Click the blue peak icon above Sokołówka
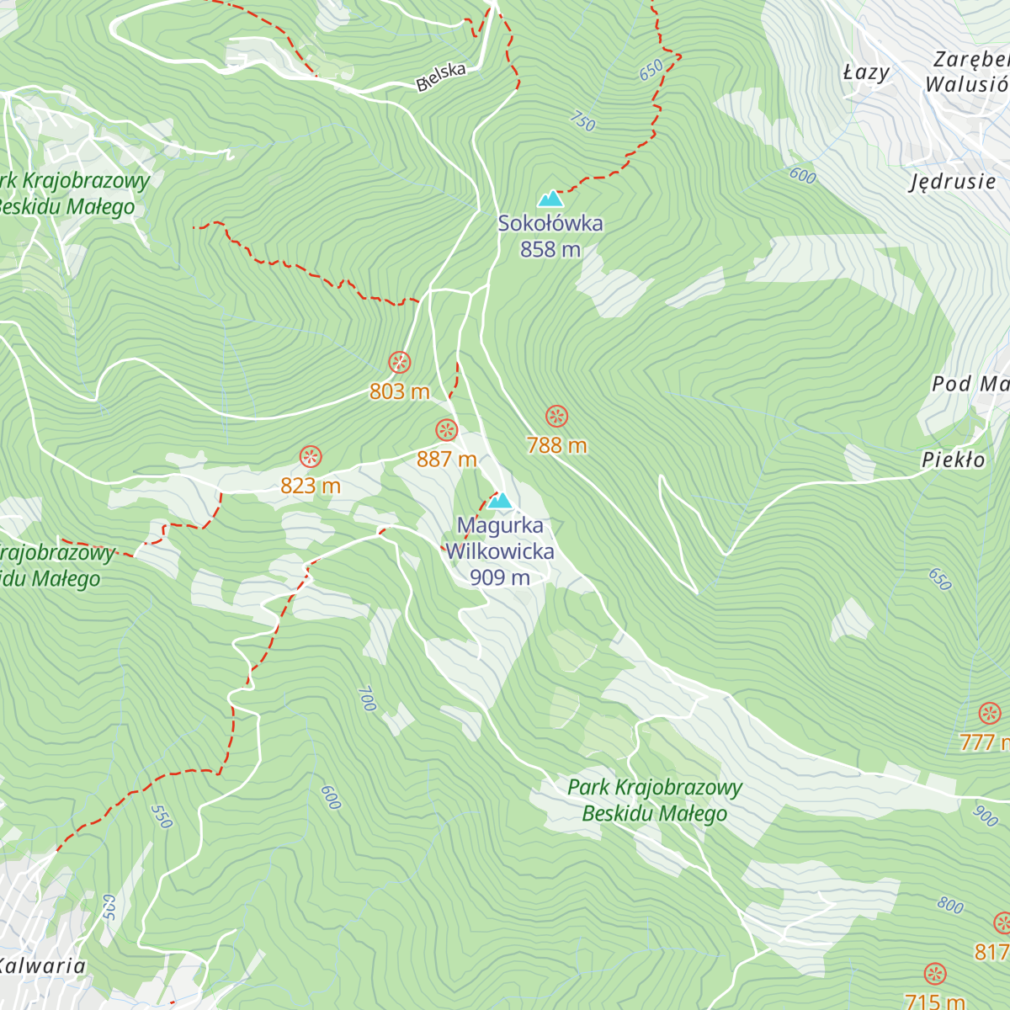pos(550,199)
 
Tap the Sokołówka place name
pos(550,224)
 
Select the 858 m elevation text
pos(550,249)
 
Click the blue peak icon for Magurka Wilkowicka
pos(500,501)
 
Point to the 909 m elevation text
pos(500,577)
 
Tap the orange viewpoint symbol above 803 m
pos(400,363)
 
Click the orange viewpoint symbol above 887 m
pos(446,430)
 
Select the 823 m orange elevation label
pos(311,486)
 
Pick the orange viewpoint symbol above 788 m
pos(556,416)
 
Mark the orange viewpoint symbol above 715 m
pos(935,975)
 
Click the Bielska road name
pos(441,77)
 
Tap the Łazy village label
pos(866,72)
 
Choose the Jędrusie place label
pos(953,182)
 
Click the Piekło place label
pos(953,460)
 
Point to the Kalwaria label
pos(42,965)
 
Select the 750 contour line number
pos(582,121)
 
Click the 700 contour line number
pos(366,699)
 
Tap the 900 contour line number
pos(985,816)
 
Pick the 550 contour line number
pos(161,816)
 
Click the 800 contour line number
pos(950,906)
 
